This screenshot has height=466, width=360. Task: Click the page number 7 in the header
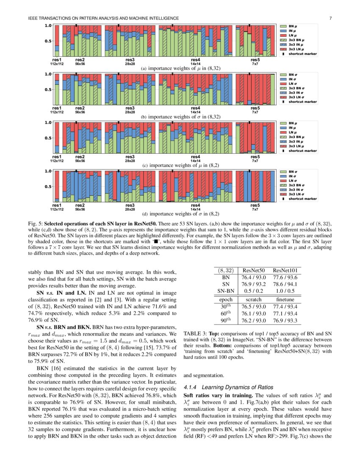pos(330,18)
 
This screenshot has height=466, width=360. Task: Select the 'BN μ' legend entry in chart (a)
pos(293,26)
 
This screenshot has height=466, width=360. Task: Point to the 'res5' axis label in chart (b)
pos(255,108)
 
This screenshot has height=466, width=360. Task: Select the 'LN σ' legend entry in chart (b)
pos(293,84)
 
